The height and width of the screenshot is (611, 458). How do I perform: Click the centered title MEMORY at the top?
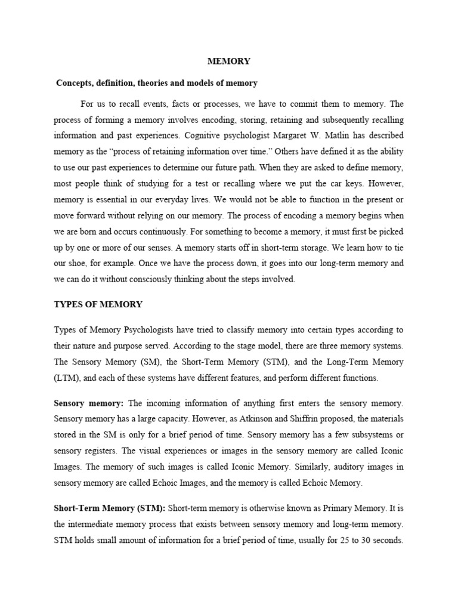(x=228, y=61)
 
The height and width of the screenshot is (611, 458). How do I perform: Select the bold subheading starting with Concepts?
(x=156, y=82)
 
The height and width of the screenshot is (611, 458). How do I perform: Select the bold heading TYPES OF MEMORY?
(x=98, y=304)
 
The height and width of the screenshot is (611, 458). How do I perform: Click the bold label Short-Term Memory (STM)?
(x=110, y=508)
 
